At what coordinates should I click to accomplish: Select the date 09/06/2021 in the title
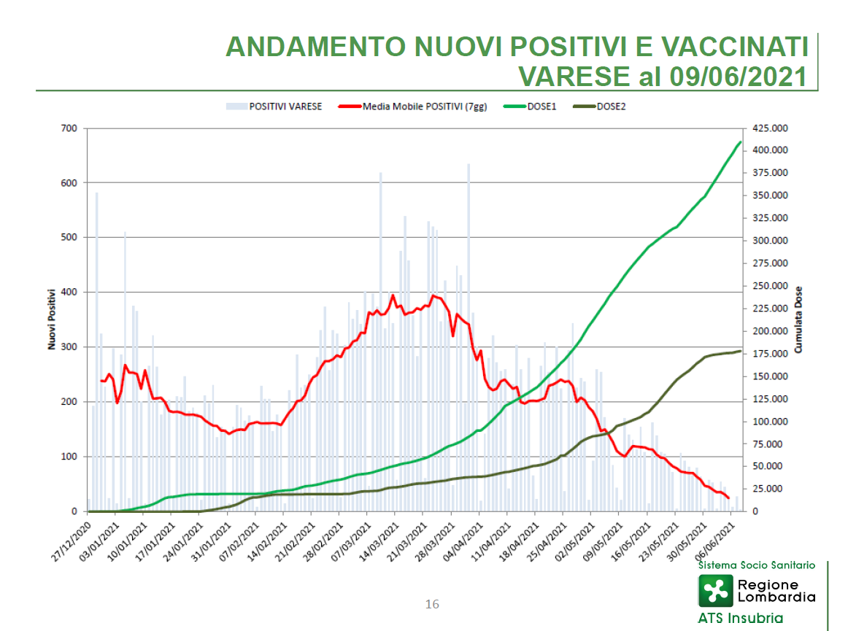(739, 77)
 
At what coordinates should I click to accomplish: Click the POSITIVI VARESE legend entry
(274, 107)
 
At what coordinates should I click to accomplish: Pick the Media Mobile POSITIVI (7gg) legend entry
(412, 107)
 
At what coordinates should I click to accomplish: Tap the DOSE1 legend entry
(530, 107)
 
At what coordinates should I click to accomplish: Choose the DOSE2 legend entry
(599, 107)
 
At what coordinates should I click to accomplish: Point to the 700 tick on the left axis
(69, 128)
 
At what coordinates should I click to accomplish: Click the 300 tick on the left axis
(69, 347)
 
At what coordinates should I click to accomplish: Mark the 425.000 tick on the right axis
(770, 128)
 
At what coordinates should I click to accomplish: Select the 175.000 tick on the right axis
(770, 354)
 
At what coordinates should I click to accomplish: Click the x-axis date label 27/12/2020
(72, 542)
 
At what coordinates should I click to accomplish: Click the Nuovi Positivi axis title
(52, 320)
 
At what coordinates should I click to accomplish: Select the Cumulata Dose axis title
(798, 320)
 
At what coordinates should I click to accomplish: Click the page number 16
(432, 605)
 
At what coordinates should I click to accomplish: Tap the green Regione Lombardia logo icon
(715, 590)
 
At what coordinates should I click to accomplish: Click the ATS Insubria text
(741, 618)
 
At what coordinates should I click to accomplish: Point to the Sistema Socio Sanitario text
(757, 565)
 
